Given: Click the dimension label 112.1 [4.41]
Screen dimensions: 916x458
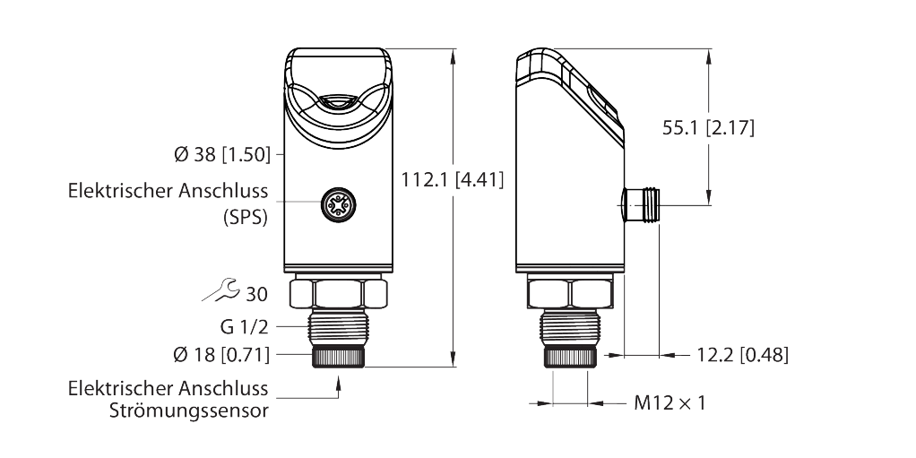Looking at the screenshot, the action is (x=452, y=179).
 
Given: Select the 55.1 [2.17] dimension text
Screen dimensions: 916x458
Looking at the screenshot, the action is (x=708, y=127).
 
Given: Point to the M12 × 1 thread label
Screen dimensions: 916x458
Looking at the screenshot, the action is (x=670, y=402).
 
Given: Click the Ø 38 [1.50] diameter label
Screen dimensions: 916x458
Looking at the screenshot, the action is (x=222, y=155).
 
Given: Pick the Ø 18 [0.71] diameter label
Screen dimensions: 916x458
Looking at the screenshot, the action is (x=222, y=354).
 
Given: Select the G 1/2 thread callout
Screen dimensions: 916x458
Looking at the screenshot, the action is (x=244, y=327).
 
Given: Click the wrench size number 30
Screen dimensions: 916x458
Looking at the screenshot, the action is (x=256, y=294).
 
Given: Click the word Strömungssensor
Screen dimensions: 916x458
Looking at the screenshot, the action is (x=189, y=410).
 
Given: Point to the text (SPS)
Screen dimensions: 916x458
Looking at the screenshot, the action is (x=246, y=217).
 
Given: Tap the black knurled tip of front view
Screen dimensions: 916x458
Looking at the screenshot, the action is (x=339, y=357).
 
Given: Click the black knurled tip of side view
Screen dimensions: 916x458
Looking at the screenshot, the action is (x=570, y=357).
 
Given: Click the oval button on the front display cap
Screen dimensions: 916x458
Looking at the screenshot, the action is (x=338, y=101).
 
